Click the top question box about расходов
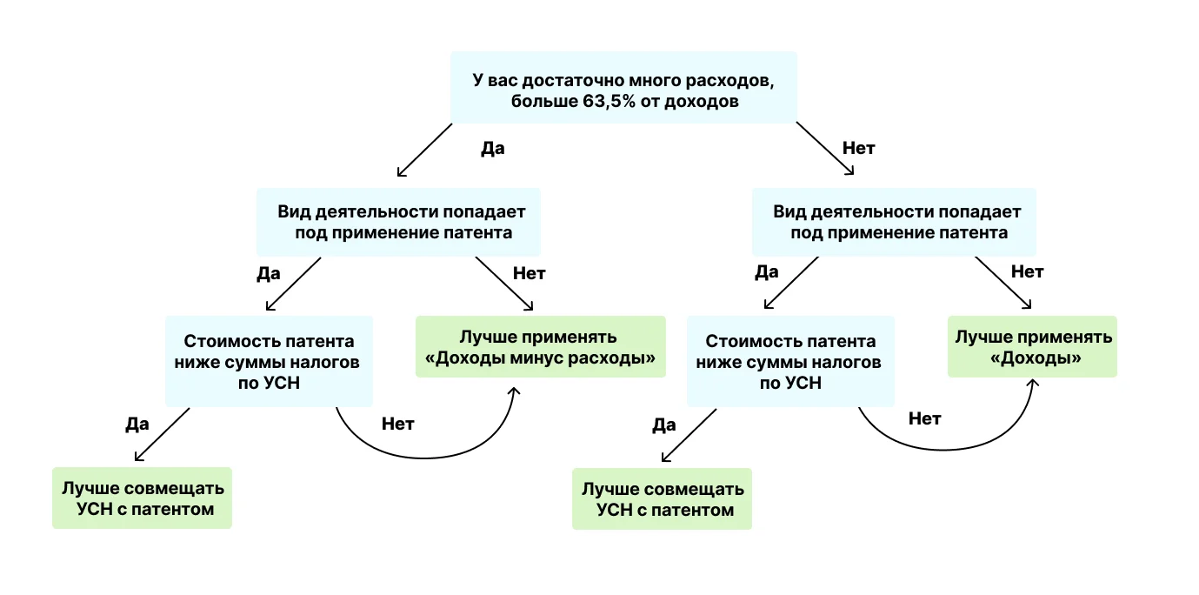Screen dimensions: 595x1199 pyautogui.click(x=623, y=87)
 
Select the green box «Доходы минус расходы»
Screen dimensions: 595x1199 pyautogui.click(x=540, y=347)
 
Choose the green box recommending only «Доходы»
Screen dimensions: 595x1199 pyautogui.click(x=1032, y=346)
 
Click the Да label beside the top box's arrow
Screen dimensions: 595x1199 pyautogui.click(x=493, y=149)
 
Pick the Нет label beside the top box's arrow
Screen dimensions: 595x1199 pyautogui.click(x=858, y=149)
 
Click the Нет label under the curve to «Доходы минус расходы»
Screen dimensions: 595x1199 pyautogui.click(x=398, y=425)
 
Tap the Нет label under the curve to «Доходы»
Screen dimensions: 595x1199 pyautogui.click(x=924, y=419)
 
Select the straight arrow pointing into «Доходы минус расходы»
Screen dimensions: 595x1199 pyautogui.click(x=503, y=284)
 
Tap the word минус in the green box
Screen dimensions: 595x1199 pyautogui.click(x=548, y=358)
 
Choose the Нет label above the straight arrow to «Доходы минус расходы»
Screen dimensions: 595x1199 pyautogui.click(x=529, y=273)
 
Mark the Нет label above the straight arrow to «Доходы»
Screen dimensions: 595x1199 pyautogui.click(x=1027, y=271)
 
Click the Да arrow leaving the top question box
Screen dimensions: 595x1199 pyautogui.click(x=424, y=150)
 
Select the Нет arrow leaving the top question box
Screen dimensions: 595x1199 pyautogui.click(x=824, y=149)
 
